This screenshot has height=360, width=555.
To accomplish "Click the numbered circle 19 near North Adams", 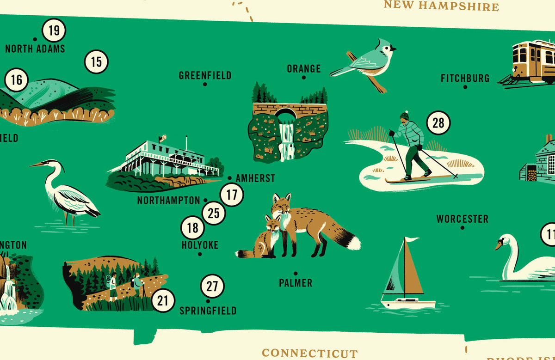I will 54,31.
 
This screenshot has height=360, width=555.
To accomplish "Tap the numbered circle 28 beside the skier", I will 438,123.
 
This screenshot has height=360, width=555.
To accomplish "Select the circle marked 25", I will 214,214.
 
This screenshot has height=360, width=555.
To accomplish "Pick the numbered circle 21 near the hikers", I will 163,301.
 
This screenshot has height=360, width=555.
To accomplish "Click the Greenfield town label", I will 205,75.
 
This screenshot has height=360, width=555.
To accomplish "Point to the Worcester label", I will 462,219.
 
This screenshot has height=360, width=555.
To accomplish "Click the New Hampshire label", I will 441,6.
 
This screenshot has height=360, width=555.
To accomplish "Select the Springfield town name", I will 208,311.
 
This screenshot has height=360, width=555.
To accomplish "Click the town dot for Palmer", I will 296,274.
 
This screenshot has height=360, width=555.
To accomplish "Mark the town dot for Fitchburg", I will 465,87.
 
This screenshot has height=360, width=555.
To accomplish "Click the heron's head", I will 55,165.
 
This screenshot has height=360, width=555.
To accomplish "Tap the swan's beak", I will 498,245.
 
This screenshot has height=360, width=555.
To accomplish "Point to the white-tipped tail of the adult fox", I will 354,241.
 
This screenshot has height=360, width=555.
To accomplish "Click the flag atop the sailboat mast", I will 411,239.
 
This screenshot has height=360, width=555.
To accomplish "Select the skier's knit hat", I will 405,116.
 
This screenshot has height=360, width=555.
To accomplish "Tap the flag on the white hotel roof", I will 162,138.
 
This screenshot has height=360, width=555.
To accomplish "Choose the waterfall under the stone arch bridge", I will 287,139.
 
